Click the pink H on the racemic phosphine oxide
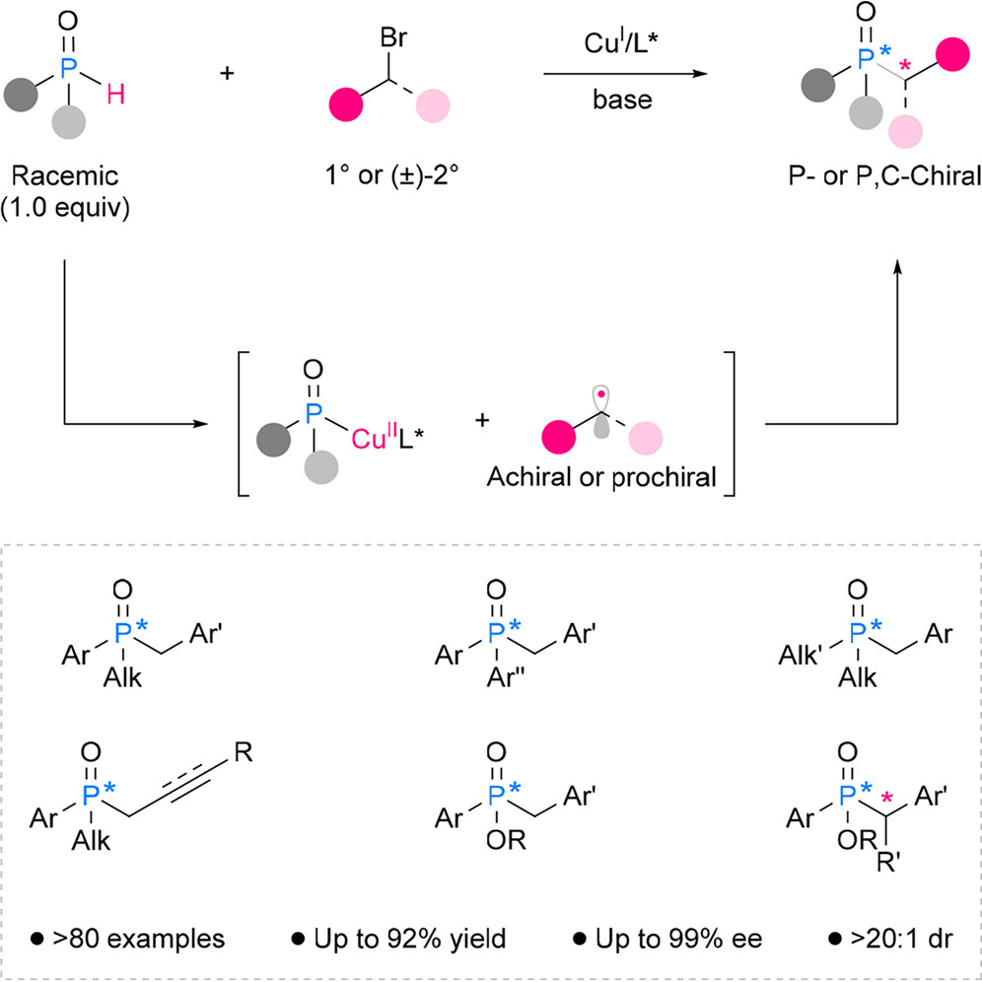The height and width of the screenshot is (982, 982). coord(116,95)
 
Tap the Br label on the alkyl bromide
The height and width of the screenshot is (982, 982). coord(393,38)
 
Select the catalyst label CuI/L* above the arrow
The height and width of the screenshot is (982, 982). coord(623,42)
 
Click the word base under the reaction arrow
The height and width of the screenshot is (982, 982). coord(622,99)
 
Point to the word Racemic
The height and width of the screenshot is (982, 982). coord(65,175)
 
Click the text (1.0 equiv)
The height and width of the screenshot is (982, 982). coord(65,208)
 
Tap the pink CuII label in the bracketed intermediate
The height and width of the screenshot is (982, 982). coord(375,437)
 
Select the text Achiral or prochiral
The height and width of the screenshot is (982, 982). coord(601,477)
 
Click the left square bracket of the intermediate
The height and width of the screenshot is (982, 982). coord(243,424)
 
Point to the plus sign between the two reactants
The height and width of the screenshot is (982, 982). coord(227,73)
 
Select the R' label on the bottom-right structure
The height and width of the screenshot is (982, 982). coord(888,864)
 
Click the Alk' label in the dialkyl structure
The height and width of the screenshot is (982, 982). coord(800,656)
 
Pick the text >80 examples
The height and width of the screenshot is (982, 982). coord(128,939)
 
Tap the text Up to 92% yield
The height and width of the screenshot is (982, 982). coord(399,939)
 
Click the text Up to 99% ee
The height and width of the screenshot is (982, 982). coord(667,939)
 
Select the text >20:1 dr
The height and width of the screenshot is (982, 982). coord(891,939)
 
